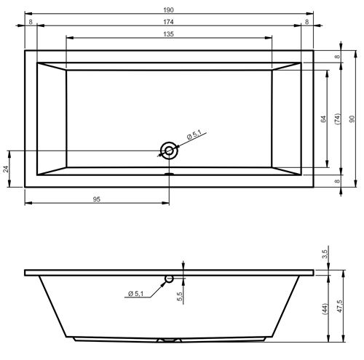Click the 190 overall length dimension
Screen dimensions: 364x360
(168, 10)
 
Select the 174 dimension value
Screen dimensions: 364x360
(168, 22)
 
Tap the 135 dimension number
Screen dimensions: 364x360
(168, 34)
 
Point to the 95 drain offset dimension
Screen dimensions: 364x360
(97, 199)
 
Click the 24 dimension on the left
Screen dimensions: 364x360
(6, 169)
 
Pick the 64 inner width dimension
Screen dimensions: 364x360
(323, 119)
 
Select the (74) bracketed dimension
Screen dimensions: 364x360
(338, 119)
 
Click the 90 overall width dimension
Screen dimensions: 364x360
(352, 119)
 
